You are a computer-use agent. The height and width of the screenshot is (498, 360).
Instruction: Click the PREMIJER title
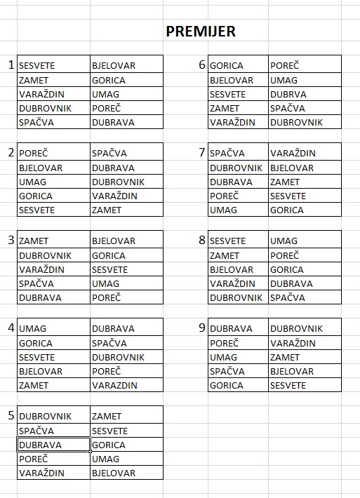(x=200, y=31)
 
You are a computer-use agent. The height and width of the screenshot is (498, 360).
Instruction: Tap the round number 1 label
(x=11, y=65)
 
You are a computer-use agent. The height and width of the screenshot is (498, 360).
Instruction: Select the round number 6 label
(x=202, y=65)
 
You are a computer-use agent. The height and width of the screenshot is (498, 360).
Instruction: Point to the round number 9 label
(x=202, y=328)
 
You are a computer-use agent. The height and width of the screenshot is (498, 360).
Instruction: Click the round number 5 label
(x=11, y=416)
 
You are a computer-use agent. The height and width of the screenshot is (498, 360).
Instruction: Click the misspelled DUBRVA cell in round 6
(x=288, y=94)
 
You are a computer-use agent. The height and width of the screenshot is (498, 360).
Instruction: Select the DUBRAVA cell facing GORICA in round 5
(x=41, y=445)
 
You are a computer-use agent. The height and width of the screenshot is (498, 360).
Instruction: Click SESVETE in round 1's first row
(x=37, y=66)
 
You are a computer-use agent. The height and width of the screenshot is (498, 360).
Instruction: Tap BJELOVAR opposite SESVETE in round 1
(x=114, y=66)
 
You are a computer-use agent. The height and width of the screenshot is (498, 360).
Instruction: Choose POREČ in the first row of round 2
(x=33, y=153)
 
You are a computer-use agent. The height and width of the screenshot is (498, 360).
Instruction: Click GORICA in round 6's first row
(x=226, y=66)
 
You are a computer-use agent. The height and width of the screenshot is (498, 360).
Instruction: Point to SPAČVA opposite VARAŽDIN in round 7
(x=227, y=153)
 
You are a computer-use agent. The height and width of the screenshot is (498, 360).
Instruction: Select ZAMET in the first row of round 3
(x=34, y=241)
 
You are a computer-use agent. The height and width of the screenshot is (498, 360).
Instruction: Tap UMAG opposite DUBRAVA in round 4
(x=32, y=328)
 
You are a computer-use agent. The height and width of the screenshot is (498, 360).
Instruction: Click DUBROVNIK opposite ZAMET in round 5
(x=45, y=416)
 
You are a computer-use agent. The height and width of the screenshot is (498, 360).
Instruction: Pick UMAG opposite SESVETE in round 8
(x=284, y=241)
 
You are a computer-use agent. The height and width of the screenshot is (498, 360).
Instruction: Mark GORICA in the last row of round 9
(x=226, y=385)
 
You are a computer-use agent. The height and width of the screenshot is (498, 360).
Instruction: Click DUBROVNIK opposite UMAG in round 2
(x=118, y=182)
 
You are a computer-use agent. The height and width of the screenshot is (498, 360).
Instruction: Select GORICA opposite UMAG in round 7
(x=287, y=210)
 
